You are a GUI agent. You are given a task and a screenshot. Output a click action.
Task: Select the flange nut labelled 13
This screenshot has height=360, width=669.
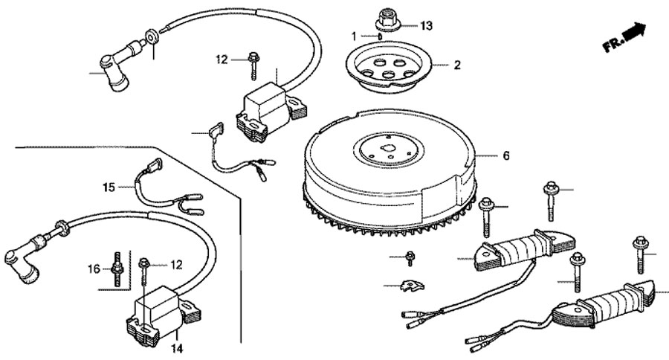(387, 16)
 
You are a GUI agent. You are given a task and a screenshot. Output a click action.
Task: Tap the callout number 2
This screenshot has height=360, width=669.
(456, 65)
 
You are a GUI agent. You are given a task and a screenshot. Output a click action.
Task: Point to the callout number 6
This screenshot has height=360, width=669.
(505, 156)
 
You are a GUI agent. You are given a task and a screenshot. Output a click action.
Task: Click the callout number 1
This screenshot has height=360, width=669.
(355, 35)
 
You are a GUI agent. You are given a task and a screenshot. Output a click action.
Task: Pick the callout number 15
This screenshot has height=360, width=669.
(109, 187)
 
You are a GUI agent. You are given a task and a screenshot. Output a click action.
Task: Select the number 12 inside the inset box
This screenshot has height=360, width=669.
(176, 264)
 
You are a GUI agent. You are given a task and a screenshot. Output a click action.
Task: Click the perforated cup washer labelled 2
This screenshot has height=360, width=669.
(390, 67)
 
